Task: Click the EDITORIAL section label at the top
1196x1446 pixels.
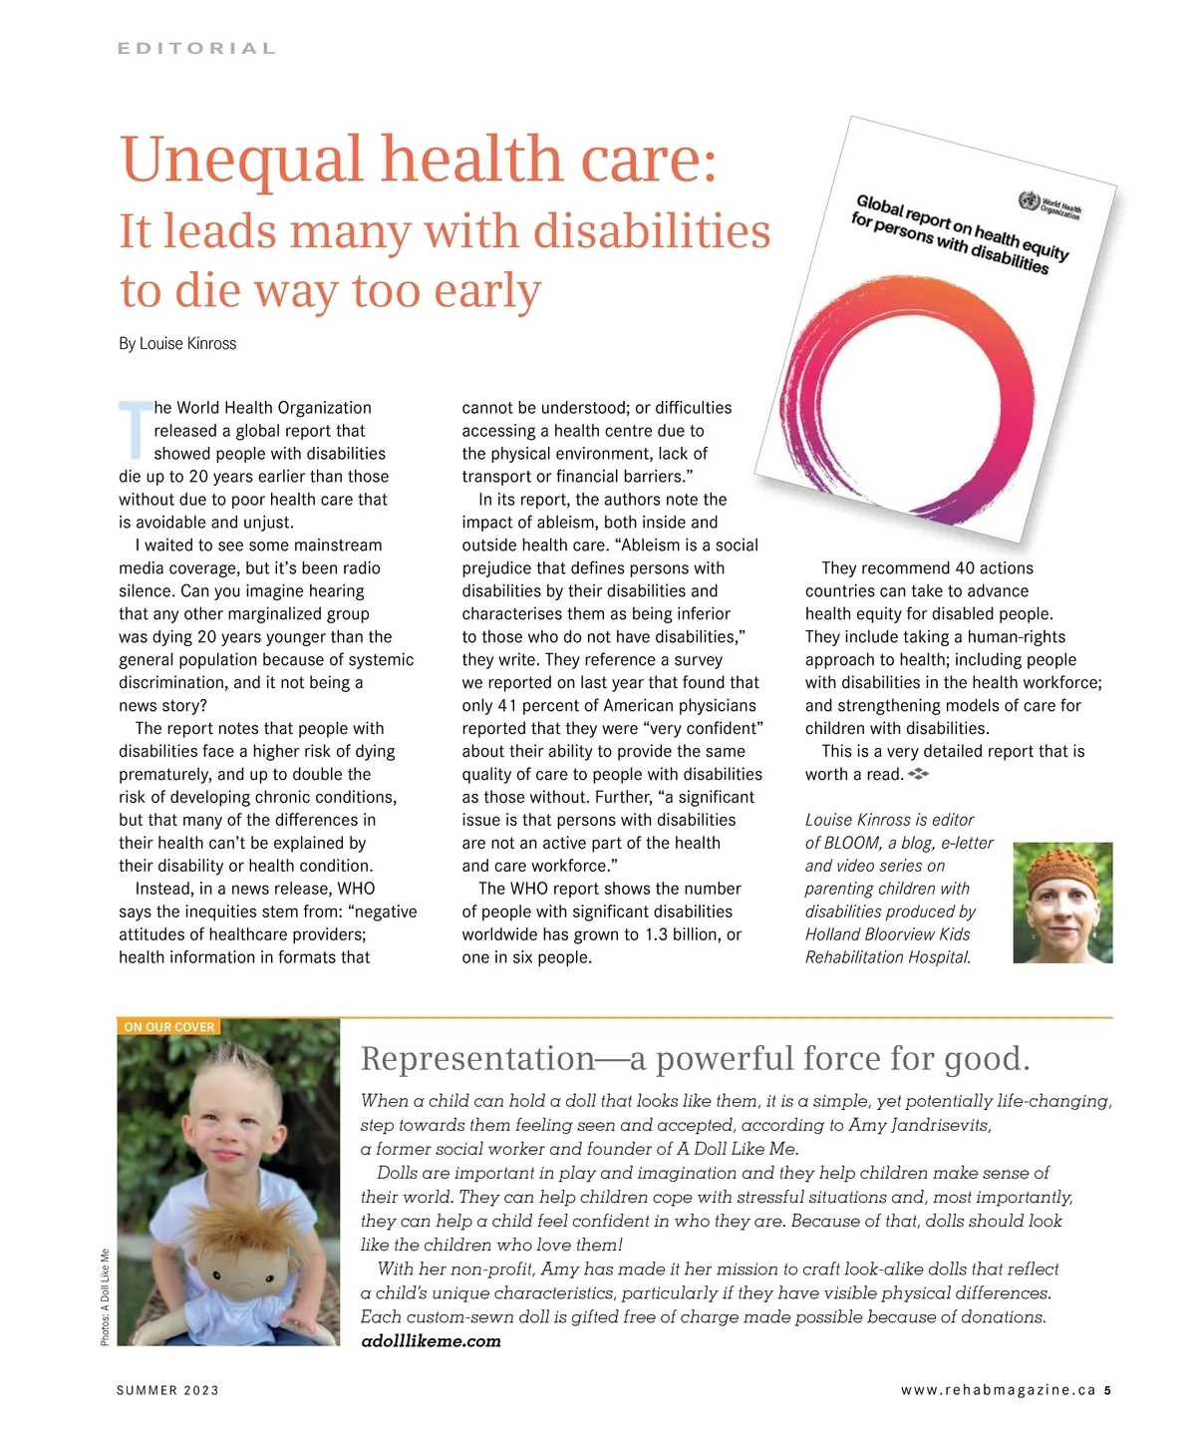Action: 196,48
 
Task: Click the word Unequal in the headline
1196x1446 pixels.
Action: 241,160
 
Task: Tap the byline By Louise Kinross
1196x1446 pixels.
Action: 177,343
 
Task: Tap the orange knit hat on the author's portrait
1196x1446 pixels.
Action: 1062,865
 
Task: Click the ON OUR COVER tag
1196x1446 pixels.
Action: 168,1026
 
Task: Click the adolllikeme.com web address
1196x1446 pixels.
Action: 431,1341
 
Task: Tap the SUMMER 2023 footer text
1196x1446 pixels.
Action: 167,1390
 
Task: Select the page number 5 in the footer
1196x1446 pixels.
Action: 1107,1390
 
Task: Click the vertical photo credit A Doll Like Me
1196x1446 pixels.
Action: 105,1296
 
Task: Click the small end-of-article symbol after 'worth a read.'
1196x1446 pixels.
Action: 918,774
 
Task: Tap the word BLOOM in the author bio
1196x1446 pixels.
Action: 850,843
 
